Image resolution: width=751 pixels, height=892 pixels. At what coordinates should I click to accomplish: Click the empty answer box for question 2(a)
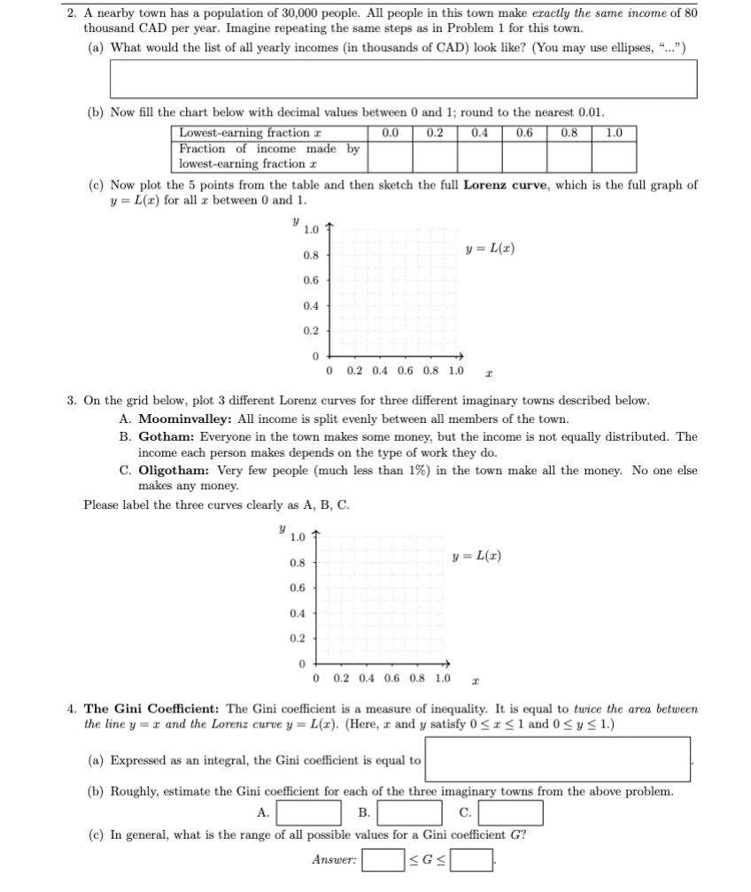tap(403, 80)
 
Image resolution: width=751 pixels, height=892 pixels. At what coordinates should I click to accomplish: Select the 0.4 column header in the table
tap(479, 134)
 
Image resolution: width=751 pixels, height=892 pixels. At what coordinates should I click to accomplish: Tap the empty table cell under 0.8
tap(569, 157)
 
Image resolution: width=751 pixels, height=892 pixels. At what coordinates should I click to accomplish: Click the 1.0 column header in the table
tap(614, 134)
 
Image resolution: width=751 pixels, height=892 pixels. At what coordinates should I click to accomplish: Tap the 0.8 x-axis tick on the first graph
tap(433, 371)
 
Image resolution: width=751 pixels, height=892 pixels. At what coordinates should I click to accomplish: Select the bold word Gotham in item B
tap(166, 436)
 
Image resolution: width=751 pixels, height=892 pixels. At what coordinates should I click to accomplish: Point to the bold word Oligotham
tap(173, 470)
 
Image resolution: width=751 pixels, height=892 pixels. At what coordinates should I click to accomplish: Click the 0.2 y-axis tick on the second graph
tap(297, 639)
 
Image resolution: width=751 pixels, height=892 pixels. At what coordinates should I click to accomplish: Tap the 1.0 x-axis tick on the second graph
tap(442, 679)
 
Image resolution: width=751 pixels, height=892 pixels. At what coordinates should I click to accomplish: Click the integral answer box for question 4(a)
tap(556, 760)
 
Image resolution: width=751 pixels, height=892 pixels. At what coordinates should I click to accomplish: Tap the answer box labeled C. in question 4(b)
tap(511, 812)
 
